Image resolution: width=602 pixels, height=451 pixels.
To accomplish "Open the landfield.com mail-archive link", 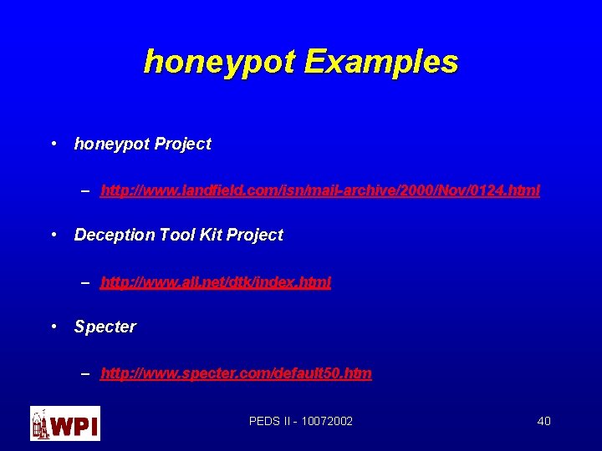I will point(320,191).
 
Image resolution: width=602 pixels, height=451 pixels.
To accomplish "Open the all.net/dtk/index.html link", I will point(216,283).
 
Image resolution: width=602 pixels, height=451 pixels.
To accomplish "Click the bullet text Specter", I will point(105,327).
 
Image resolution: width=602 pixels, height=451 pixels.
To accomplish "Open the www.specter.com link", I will point(236,374).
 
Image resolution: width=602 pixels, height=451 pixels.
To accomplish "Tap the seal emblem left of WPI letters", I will point(40,423).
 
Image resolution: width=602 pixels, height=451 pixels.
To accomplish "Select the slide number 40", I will point(543,421).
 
